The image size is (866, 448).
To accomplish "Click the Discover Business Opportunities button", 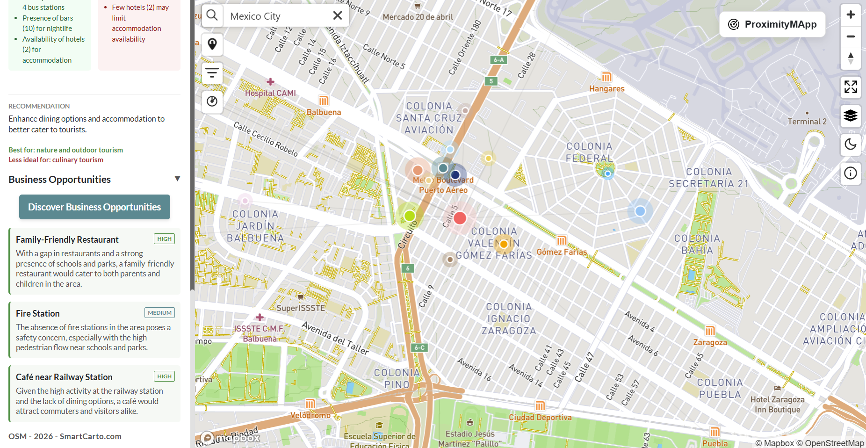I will click(94, 207).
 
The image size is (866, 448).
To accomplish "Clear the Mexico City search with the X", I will click(337, 16).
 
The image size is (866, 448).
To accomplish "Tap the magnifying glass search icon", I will click(212, 15).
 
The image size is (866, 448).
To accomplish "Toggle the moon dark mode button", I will click(850, 145).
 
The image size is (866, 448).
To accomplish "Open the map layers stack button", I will click(850, 116).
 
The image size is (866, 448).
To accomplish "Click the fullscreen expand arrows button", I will click(850, 87).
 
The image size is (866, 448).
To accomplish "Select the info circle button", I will click(850, 173).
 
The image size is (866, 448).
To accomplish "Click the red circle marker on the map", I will click(460, 218).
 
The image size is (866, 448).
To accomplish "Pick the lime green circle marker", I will click(410, 216).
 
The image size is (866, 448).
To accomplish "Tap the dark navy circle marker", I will click(455, 175).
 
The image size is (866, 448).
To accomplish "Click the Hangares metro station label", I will click(606, 88).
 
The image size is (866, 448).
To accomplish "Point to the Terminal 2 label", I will click(807, 122).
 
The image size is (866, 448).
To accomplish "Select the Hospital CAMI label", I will click(270, 93).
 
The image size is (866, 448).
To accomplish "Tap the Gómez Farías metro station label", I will click(562, 252).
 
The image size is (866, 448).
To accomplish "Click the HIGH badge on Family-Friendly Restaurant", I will click(164, 239).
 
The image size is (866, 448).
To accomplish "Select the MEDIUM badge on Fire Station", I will click(159, 313).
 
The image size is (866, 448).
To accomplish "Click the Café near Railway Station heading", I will click(64, 377).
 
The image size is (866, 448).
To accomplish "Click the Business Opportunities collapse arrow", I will click(177, 179).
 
